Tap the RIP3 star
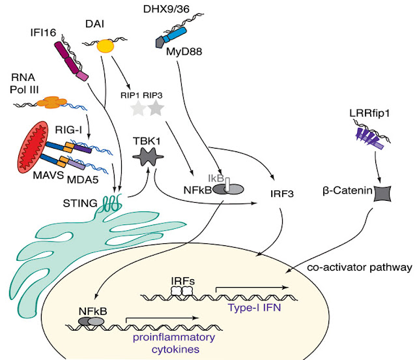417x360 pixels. click(x=155, y=109)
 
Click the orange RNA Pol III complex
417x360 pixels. click(x=50, y=102)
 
